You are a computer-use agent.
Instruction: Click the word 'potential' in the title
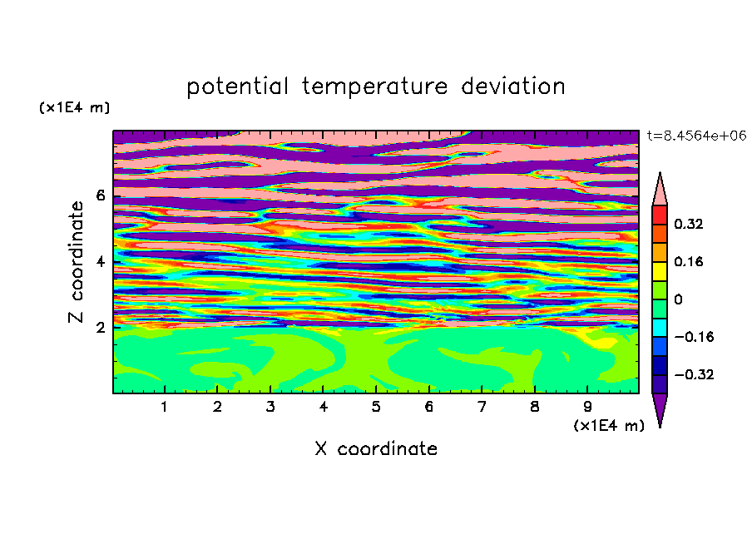pos(237,87)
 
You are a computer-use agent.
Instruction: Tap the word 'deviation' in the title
pos(513,87)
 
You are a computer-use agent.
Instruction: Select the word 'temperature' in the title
pos(375,87)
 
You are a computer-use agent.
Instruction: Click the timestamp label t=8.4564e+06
pos(696,136)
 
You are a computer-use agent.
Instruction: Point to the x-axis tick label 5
pos(376,407)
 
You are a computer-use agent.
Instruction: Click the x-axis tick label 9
pos(587,407)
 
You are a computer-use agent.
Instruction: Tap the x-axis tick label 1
pos(165,407)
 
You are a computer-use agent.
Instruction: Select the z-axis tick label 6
pos(100,195)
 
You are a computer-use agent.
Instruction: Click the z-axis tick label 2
pos(100,328)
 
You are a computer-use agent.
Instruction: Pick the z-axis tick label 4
pos(100,262)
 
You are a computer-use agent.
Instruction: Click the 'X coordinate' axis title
pos(376,448)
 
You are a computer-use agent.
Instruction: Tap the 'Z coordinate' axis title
pos(76,261)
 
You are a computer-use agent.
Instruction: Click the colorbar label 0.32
pos(688,224)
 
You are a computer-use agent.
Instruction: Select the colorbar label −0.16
pos(694,337)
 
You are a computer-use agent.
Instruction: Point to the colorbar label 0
pos(678,299)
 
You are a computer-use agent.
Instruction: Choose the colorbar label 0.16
pos(688,261)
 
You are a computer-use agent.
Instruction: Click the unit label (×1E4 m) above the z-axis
pos(74,107)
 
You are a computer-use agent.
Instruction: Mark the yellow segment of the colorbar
pos(660,271)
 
